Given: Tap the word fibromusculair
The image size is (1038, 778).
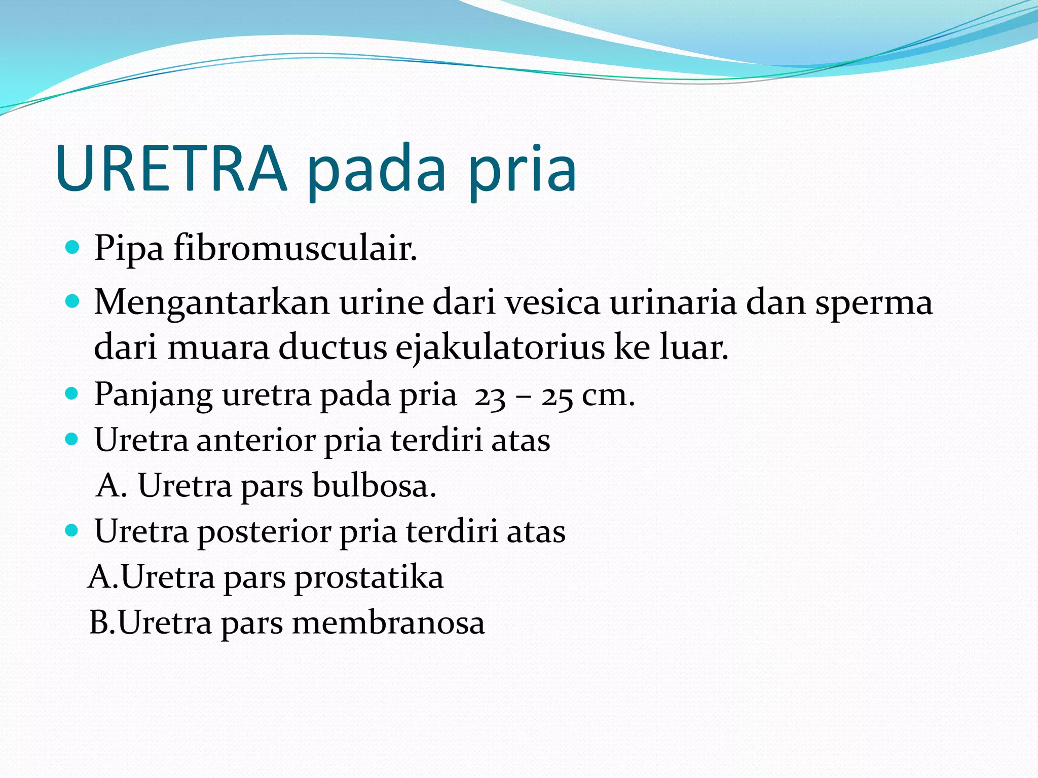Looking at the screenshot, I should pyautogui.click(x=295, y=249).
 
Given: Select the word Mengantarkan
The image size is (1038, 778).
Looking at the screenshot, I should pyautogui.click(x=211, y=302).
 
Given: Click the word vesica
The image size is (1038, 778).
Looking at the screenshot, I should pyautogui.click(x=552, y=302).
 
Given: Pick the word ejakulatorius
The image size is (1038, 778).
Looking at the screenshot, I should pyautogui.click(x=500, y=348).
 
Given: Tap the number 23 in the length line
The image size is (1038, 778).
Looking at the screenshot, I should pyautogui.click(x=490, y=397).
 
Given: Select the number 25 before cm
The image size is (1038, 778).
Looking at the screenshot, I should pyautogui.click(x=557, y=397).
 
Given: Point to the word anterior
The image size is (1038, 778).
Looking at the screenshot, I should pyautogui.click(x=256, y=440).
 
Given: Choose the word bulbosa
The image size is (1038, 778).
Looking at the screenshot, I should pyautogui.click(x=374, y=486).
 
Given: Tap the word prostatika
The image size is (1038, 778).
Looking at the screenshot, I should pyautogui.click(x=369, y=578).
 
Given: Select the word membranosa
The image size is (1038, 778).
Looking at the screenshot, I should pyautogui.click(x=388, y=623).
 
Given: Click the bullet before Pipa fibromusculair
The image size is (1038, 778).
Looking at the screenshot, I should pyautogui.click(x=73, y=248).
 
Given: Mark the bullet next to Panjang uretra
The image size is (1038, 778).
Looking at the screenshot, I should pyautogui.click(x=73, y=394).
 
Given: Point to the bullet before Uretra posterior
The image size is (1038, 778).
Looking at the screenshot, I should pyautogui.click(x=73, y=530).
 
